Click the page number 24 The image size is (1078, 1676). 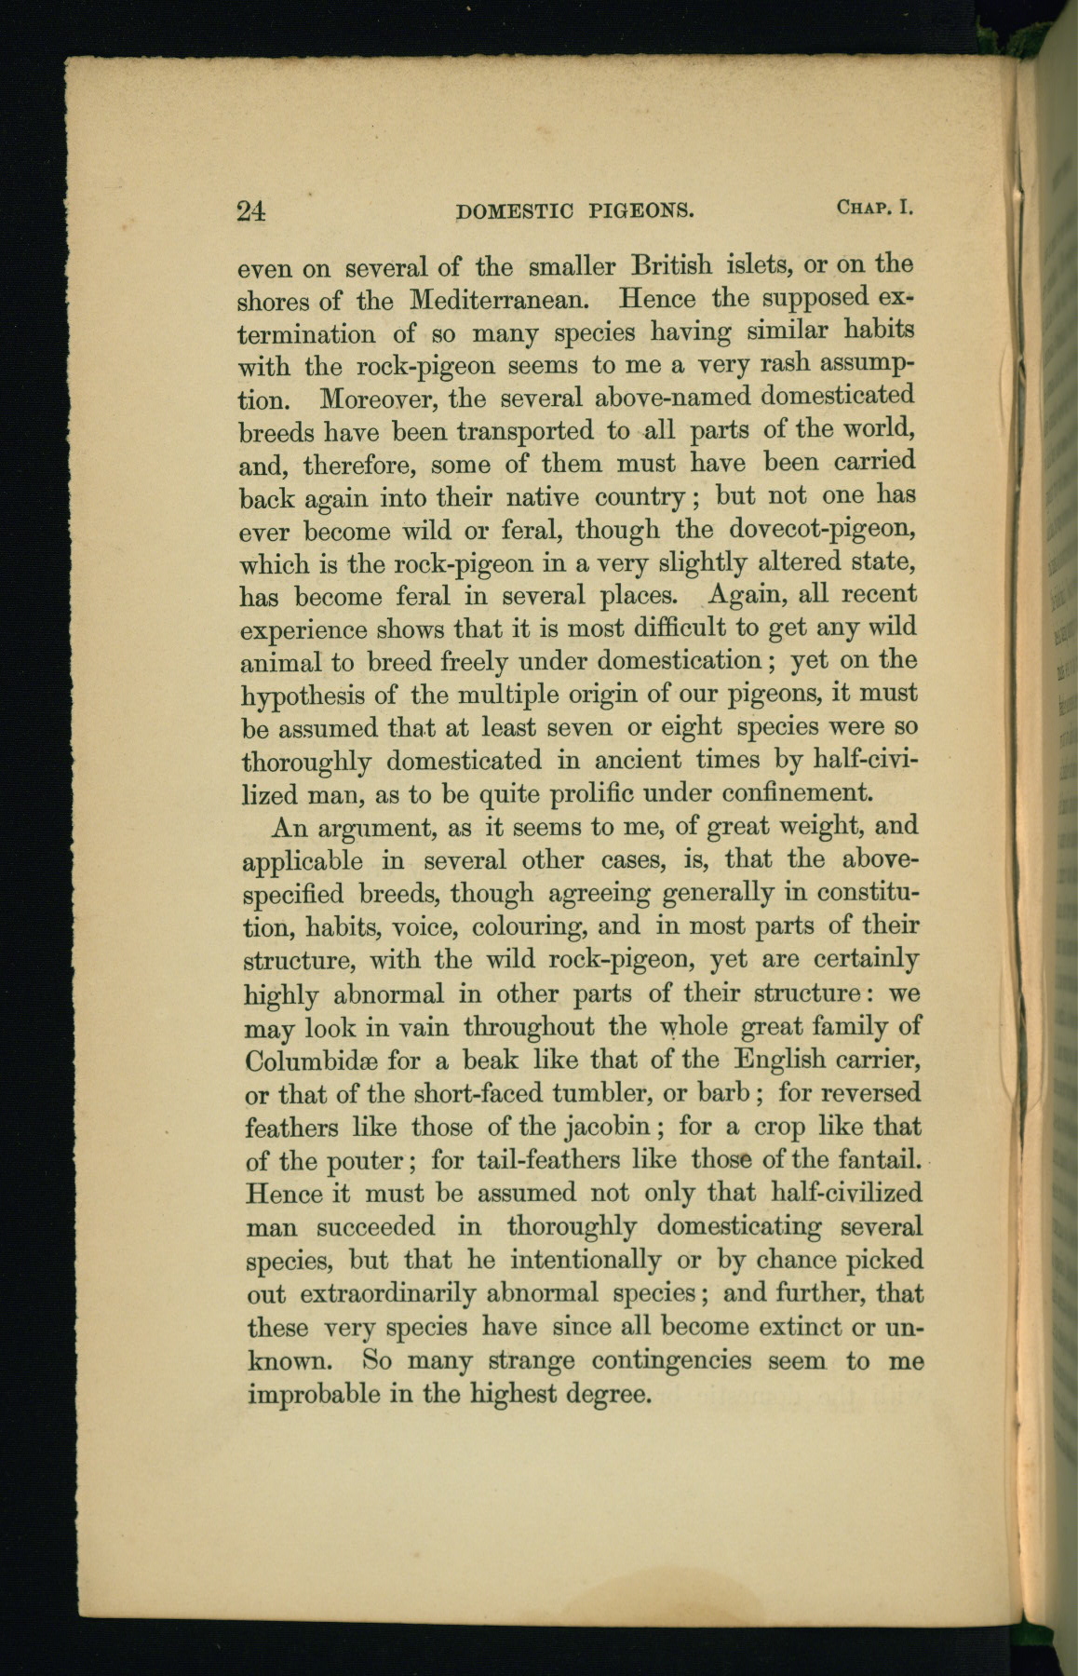point(251,210)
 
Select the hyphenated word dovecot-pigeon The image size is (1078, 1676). point(824,530)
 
